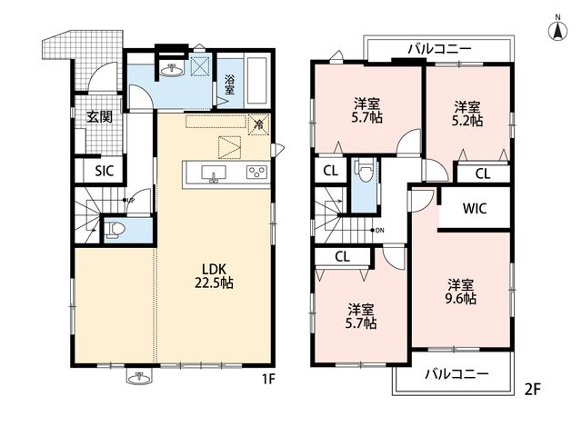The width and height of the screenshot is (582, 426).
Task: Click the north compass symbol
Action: pos(557,29)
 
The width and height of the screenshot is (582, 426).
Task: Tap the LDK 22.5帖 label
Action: pos(215,276)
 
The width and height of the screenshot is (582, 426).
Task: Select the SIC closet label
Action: pos(104,171)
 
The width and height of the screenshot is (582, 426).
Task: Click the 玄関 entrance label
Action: pos(99,117)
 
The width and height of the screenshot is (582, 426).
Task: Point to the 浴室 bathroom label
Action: pos(229,84)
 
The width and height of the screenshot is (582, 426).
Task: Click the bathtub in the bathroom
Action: pos(257,82)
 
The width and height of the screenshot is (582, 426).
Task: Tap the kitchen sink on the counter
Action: pos(214,173)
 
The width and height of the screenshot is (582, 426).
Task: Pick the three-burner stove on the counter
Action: pos(257,172)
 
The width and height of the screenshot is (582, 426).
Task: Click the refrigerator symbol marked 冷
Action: pos(258,125)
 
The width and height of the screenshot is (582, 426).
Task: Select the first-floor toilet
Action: pos(115,230)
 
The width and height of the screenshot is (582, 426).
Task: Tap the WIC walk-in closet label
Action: pos(475,208)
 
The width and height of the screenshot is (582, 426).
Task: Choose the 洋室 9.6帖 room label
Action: pos(461,292)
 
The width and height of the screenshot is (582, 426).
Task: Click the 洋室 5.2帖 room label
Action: pos(467,114)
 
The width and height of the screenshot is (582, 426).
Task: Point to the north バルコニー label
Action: pos(440,49)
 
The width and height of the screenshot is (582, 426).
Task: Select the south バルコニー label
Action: pos(457,373)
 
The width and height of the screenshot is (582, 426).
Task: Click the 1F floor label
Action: pos(268,379)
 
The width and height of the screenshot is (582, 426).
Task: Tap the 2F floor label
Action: pos(532,390)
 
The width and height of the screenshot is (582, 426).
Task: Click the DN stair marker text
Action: pos(379,230)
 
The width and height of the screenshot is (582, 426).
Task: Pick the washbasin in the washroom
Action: pos(172,70)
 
